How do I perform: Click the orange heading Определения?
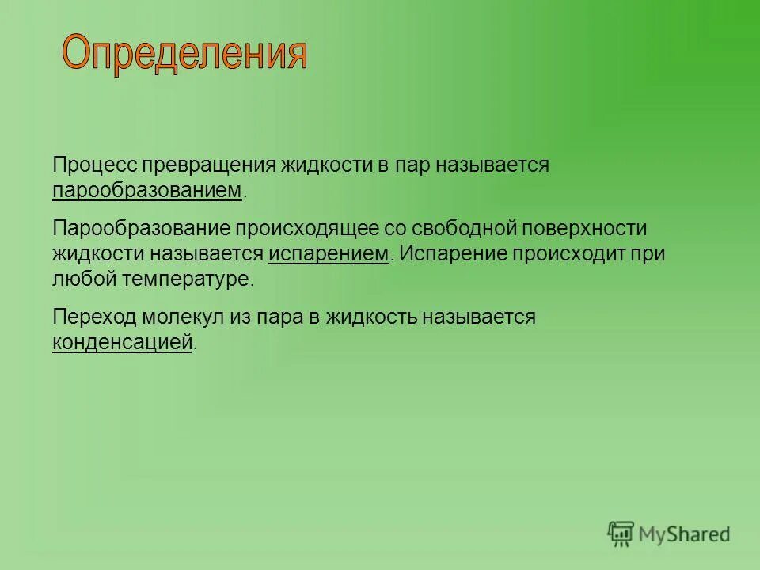point(184,54)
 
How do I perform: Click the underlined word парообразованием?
point(147,190)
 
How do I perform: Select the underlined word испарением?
point(329,253)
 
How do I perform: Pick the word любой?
point(85,279)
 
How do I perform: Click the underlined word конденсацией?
point(123,342)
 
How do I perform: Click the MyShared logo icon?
point(621,534)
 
